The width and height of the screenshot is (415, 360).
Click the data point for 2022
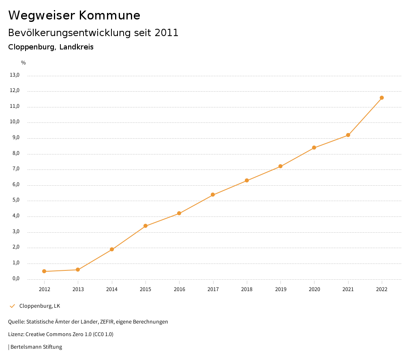pos(382,98)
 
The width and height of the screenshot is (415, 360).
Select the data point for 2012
pos(44,271)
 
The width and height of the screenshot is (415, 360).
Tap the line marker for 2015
pos(145,226)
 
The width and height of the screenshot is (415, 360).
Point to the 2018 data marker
pos(247,180)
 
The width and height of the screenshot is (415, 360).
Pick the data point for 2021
pos(348,135)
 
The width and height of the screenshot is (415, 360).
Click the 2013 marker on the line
pos(78,270)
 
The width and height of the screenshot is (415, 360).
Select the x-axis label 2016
pos(180,289)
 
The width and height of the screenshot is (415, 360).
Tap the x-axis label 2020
pos(314,289)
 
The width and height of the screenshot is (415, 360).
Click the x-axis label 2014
pos(112,289)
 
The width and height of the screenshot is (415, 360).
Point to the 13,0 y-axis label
pos(15,75)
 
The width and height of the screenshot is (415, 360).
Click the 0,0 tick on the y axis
pos(16,279)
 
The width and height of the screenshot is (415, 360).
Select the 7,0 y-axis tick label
pos(16,169)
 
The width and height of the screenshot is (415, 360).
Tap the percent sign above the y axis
pos(24,63)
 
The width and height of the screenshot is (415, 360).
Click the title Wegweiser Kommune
pos(74,15)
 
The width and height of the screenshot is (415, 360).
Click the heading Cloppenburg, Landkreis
pos(51,47)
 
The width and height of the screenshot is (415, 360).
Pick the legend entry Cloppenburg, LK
pos(40,306)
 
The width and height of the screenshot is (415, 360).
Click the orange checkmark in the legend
pos(12,306)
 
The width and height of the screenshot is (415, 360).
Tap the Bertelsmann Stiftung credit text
pos(36,347)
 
